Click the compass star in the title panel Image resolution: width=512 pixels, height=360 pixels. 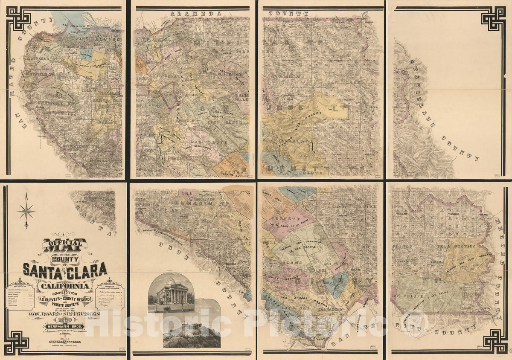pos(26,210)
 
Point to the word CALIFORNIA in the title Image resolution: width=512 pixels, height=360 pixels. pos(65,285)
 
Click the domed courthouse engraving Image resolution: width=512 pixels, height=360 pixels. pos(171,290)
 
